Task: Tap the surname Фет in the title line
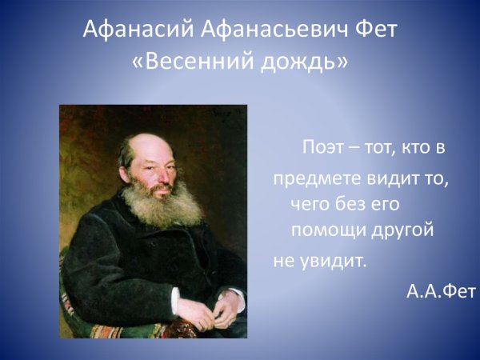373,31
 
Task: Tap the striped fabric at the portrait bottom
112,330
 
